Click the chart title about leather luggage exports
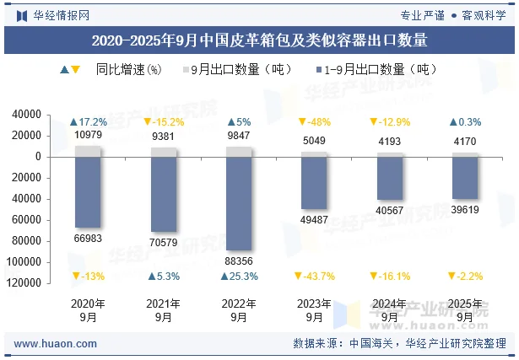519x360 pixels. click(259, 40)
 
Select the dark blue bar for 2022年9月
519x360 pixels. click(240, 202)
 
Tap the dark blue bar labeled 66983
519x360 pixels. click(89, 192)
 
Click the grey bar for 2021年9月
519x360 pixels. click(164, 152)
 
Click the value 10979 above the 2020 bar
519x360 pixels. click(89, 135)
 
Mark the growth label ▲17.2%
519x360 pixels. click(89, 122)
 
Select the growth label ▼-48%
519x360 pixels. click(315, 122)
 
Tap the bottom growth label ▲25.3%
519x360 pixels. click(240, 277)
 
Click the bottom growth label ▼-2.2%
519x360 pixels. click(465, 277)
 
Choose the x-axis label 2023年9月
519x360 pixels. click(315, 310)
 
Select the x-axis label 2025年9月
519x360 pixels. click(465, 310)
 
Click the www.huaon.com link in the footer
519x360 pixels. click(56, 344)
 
